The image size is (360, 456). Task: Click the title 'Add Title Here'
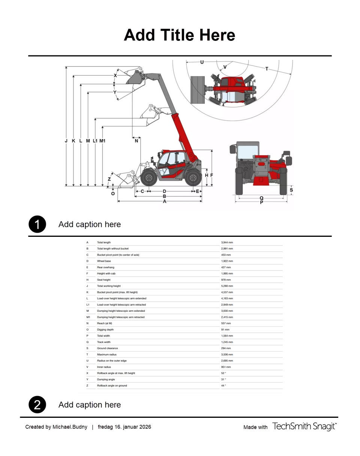point(179,35)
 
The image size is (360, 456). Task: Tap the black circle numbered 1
point(37,224)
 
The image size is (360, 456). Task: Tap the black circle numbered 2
point(37,405)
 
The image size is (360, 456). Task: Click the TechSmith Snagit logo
point(304,426)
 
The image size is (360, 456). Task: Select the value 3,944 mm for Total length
point(227,242)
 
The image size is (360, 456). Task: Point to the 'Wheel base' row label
point(104,261)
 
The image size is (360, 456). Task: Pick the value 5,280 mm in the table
point(227,286)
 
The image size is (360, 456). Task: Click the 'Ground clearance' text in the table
point(107,348)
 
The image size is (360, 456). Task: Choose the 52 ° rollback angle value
point(223,373)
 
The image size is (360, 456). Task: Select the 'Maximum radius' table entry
point(107,354)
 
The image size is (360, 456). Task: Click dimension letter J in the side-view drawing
point(66,141)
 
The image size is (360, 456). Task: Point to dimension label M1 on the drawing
point(102,141)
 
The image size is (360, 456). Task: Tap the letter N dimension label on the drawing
point(136,141)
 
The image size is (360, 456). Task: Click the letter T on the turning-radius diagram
point(267,69)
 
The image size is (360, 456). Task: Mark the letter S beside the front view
point(291,190)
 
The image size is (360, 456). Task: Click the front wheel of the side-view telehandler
point(149,178)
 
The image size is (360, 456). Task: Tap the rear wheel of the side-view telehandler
point(193,178)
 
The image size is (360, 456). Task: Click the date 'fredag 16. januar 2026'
point(124,427)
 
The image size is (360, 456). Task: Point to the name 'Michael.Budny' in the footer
point(70,427)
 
